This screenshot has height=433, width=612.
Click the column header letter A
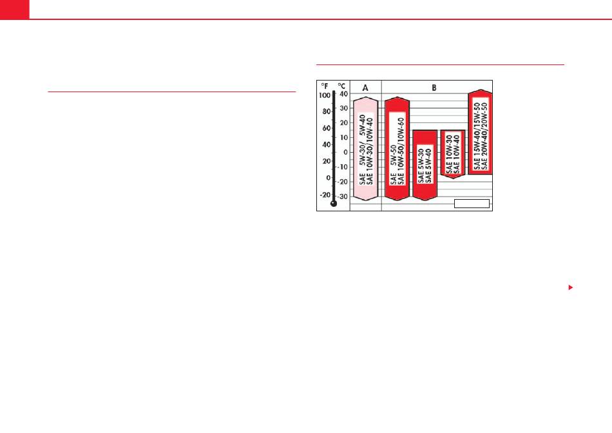365,88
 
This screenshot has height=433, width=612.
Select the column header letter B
434,88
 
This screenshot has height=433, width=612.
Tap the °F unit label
325,86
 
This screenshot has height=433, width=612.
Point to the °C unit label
341,86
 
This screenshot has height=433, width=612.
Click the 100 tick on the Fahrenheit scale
325,95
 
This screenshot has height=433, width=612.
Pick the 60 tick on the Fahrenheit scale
327,128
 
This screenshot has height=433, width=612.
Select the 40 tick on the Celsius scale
343,94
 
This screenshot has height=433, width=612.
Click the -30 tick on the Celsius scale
342,197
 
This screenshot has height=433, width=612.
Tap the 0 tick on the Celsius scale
345,152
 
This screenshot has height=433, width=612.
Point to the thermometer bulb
334,204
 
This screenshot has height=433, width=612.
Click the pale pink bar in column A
366,149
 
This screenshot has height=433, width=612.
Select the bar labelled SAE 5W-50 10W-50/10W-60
397,149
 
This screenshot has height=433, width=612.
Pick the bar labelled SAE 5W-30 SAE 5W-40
425,165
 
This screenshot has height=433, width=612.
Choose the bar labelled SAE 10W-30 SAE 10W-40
453,154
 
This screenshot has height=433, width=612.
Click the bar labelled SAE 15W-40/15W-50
481,132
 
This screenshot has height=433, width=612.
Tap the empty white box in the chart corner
472,204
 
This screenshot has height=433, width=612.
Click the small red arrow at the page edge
571,287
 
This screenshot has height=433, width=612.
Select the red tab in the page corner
14,10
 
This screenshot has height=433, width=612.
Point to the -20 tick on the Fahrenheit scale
325,195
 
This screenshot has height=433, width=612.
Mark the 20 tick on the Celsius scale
343,122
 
